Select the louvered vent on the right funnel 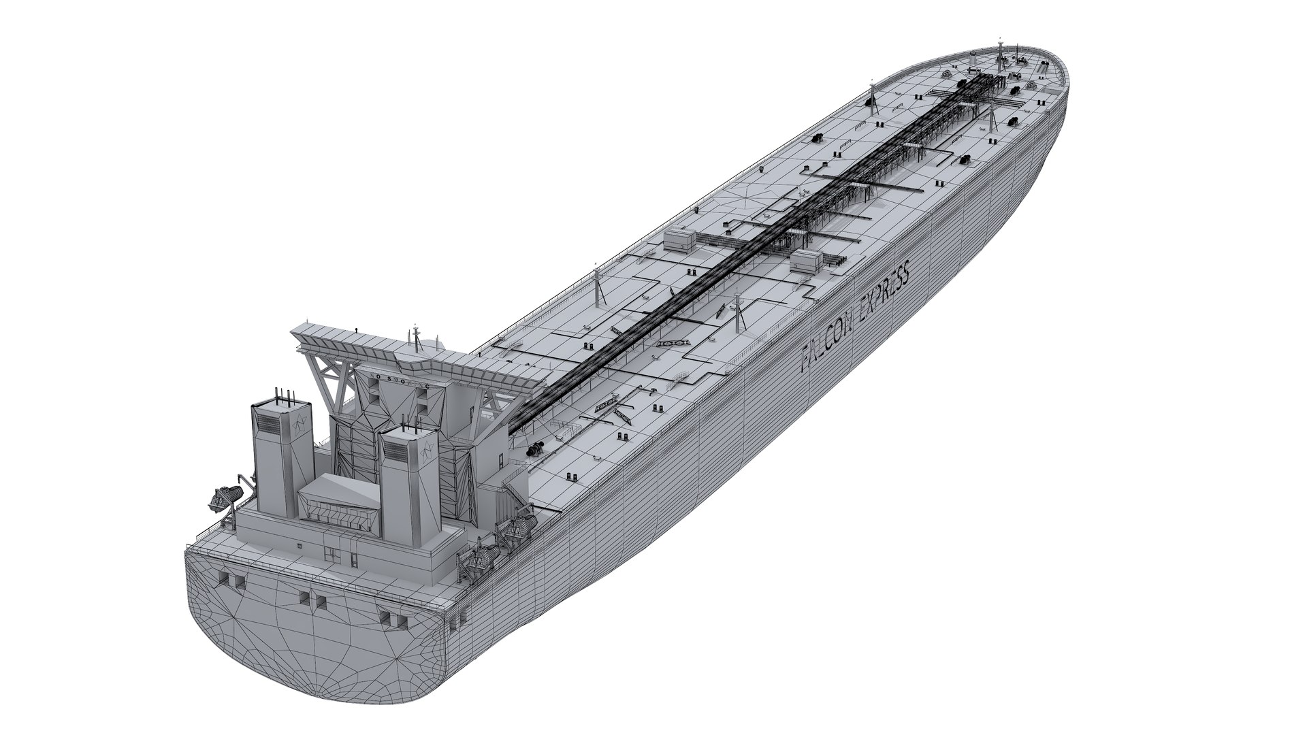395,452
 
